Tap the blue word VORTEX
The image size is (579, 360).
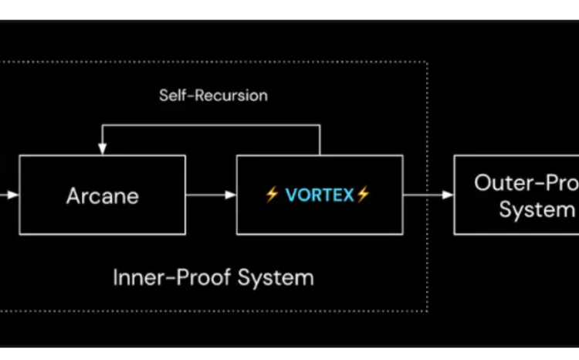[x=319, y=195]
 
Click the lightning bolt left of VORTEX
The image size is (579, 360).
[x=272, y=195]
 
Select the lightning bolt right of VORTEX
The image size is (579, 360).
[x=363, y=195]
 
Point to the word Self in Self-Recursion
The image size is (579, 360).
[x=172, y=96]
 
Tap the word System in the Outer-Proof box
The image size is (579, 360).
[x=537, y=209]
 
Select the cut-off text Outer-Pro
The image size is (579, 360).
[x=525, y=183]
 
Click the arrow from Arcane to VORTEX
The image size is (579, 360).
[x=211, y=195]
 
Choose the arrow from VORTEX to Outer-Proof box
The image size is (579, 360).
[x=428, y=195]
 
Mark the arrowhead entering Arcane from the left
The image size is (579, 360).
[x=13, y=195]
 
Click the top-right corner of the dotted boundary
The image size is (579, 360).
[x=427, y=63]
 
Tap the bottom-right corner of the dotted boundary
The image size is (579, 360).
[x=427, y=311]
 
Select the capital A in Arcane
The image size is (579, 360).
[x=73, y=195]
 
